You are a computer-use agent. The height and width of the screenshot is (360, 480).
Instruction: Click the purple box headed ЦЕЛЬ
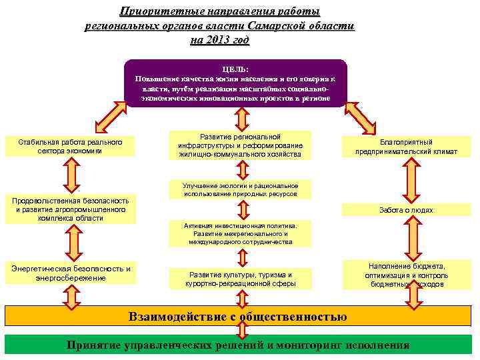pos(237,83)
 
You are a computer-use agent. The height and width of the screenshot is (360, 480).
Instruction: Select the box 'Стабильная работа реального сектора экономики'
pos(71,147)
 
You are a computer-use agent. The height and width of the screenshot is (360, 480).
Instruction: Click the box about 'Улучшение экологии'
pos(240,189)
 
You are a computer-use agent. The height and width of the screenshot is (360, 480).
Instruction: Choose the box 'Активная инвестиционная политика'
pos(240,234)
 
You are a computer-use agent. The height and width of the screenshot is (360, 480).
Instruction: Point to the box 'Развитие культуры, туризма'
pos(240,279)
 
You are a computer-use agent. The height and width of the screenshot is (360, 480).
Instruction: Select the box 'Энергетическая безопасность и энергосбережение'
pos(71,273)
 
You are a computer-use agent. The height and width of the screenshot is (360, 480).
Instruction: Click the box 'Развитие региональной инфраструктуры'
pos(240,145)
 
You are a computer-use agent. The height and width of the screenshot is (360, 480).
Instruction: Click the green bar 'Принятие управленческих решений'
pos(238,345)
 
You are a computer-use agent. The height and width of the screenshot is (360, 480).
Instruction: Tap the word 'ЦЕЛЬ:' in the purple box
pos(236,68)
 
